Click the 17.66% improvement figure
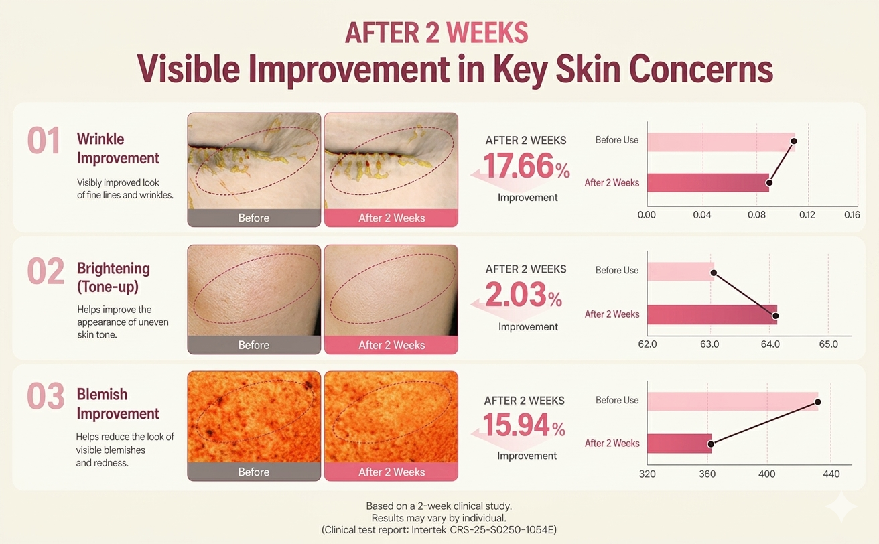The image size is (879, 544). [527, 167]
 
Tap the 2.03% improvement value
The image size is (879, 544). [524, 295]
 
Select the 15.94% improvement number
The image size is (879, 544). [525, 425]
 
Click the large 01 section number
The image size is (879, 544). [44, 141]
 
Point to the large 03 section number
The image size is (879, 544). [46, 396]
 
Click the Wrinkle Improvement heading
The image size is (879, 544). [118, 148]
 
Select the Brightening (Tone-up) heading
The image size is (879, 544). [113, 277]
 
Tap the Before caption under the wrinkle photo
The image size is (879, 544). [254, 218]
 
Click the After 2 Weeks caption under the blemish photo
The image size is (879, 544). [392, 472]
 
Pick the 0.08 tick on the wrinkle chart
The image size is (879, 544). [756, 215]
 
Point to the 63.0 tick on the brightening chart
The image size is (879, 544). [709, 344]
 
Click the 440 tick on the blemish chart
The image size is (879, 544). [831, 474]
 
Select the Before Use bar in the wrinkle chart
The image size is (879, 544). [722, 142]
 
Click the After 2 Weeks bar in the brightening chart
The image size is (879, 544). [712, 315]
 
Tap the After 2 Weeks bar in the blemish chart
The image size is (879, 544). [679, 444]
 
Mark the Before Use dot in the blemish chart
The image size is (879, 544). [818, 402]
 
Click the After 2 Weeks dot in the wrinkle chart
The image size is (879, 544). [769, 182]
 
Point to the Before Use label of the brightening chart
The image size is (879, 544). [617, 271]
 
